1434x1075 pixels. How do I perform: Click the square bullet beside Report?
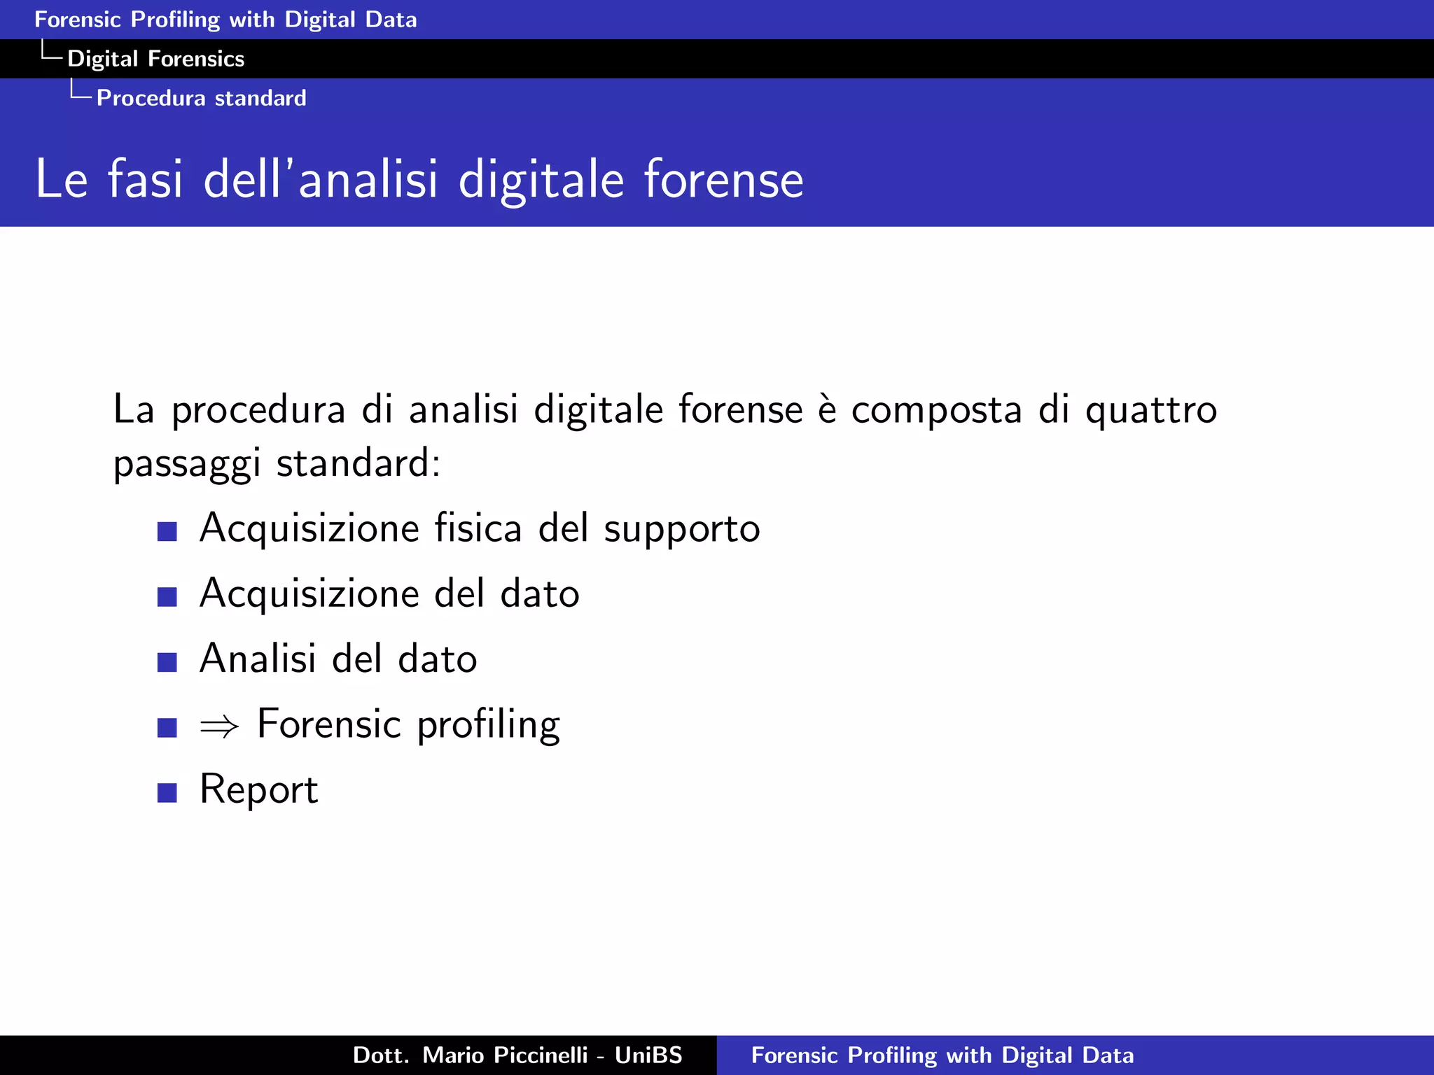(x=167, y=792)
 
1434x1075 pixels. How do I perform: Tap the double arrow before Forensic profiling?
(x=219, y=727)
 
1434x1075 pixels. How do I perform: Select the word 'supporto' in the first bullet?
(x=681, y=529)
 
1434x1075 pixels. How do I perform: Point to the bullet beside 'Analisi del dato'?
(x=167, y=662)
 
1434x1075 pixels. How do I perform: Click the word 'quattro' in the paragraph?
(x=1150, y=411)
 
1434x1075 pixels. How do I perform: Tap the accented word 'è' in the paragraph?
(x=827, y=409)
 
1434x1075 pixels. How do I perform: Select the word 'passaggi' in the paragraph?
(x=187, y=465)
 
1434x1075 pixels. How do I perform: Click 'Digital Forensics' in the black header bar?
(x=155, y=59)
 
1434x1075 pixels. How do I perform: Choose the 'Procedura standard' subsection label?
(x=201, y=98)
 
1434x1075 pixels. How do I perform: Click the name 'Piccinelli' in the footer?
(x=540, y=1055)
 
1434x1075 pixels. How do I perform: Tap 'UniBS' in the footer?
(x=648, y=1055)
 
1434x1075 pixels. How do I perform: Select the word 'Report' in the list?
(x=258, y=790)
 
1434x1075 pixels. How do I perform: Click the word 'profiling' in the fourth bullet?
(x=488, y=725)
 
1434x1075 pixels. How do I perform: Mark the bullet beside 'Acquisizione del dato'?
(x=167, y=596)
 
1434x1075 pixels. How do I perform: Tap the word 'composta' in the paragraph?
(x=936, y=411)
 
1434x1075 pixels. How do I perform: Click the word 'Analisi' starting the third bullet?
(x=257, y=659)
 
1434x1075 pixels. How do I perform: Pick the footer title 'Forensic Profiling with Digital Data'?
(x=942, y=1055)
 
